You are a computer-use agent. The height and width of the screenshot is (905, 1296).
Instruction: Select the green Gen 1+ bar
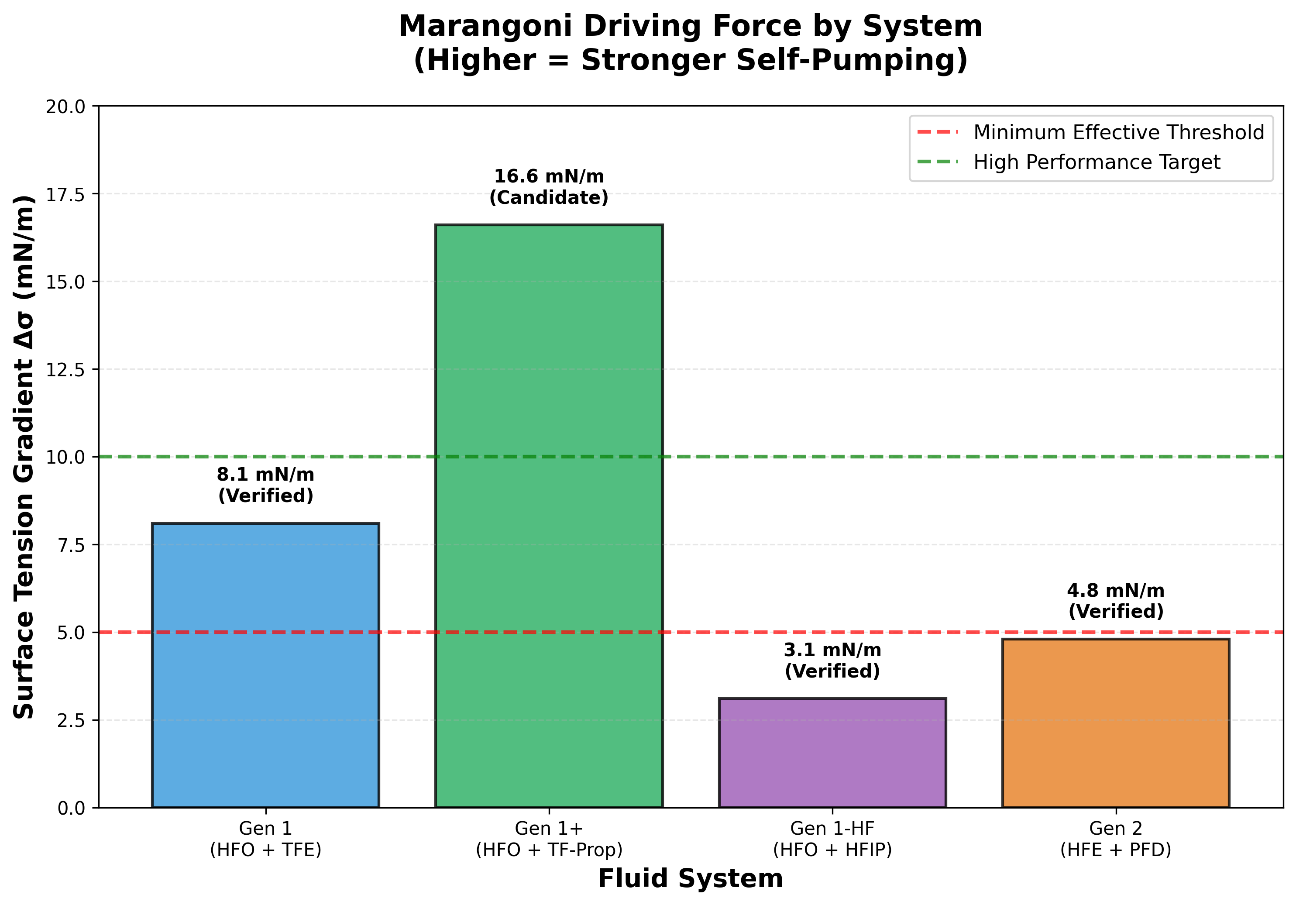click(549, 516)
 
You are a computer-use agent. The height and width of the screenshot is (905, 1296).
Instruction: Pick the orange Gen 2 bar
click(1115, 723)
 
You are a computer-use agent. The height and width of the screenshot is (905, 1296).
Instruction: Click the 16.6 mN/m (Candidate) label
click(549, 187)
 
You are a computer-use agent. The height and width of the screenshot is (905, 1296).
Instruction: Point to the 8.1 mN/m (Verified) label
click(265, 485)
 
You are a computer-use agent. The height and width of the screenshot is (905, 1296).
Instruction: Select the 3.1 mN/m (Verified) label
click(832, 661)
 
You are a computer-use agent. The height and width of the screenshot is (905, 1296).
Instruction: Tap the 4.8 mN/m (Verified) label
click(1115, 601)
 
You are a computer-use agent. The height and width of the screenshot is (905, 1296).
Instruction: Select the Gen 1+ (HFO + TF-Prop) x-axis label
click(549, 839)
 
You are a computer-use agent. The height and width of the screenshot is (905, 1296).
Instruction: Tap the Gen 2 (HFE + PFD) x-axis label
click(1115, 839)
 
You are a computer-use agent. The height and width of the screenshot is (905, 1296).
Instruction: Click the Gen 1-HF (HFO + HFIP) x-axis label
click(832, 839)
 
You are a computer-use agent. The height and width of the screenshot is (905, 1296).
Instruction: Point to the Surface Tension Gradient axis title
click(24, 457)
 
